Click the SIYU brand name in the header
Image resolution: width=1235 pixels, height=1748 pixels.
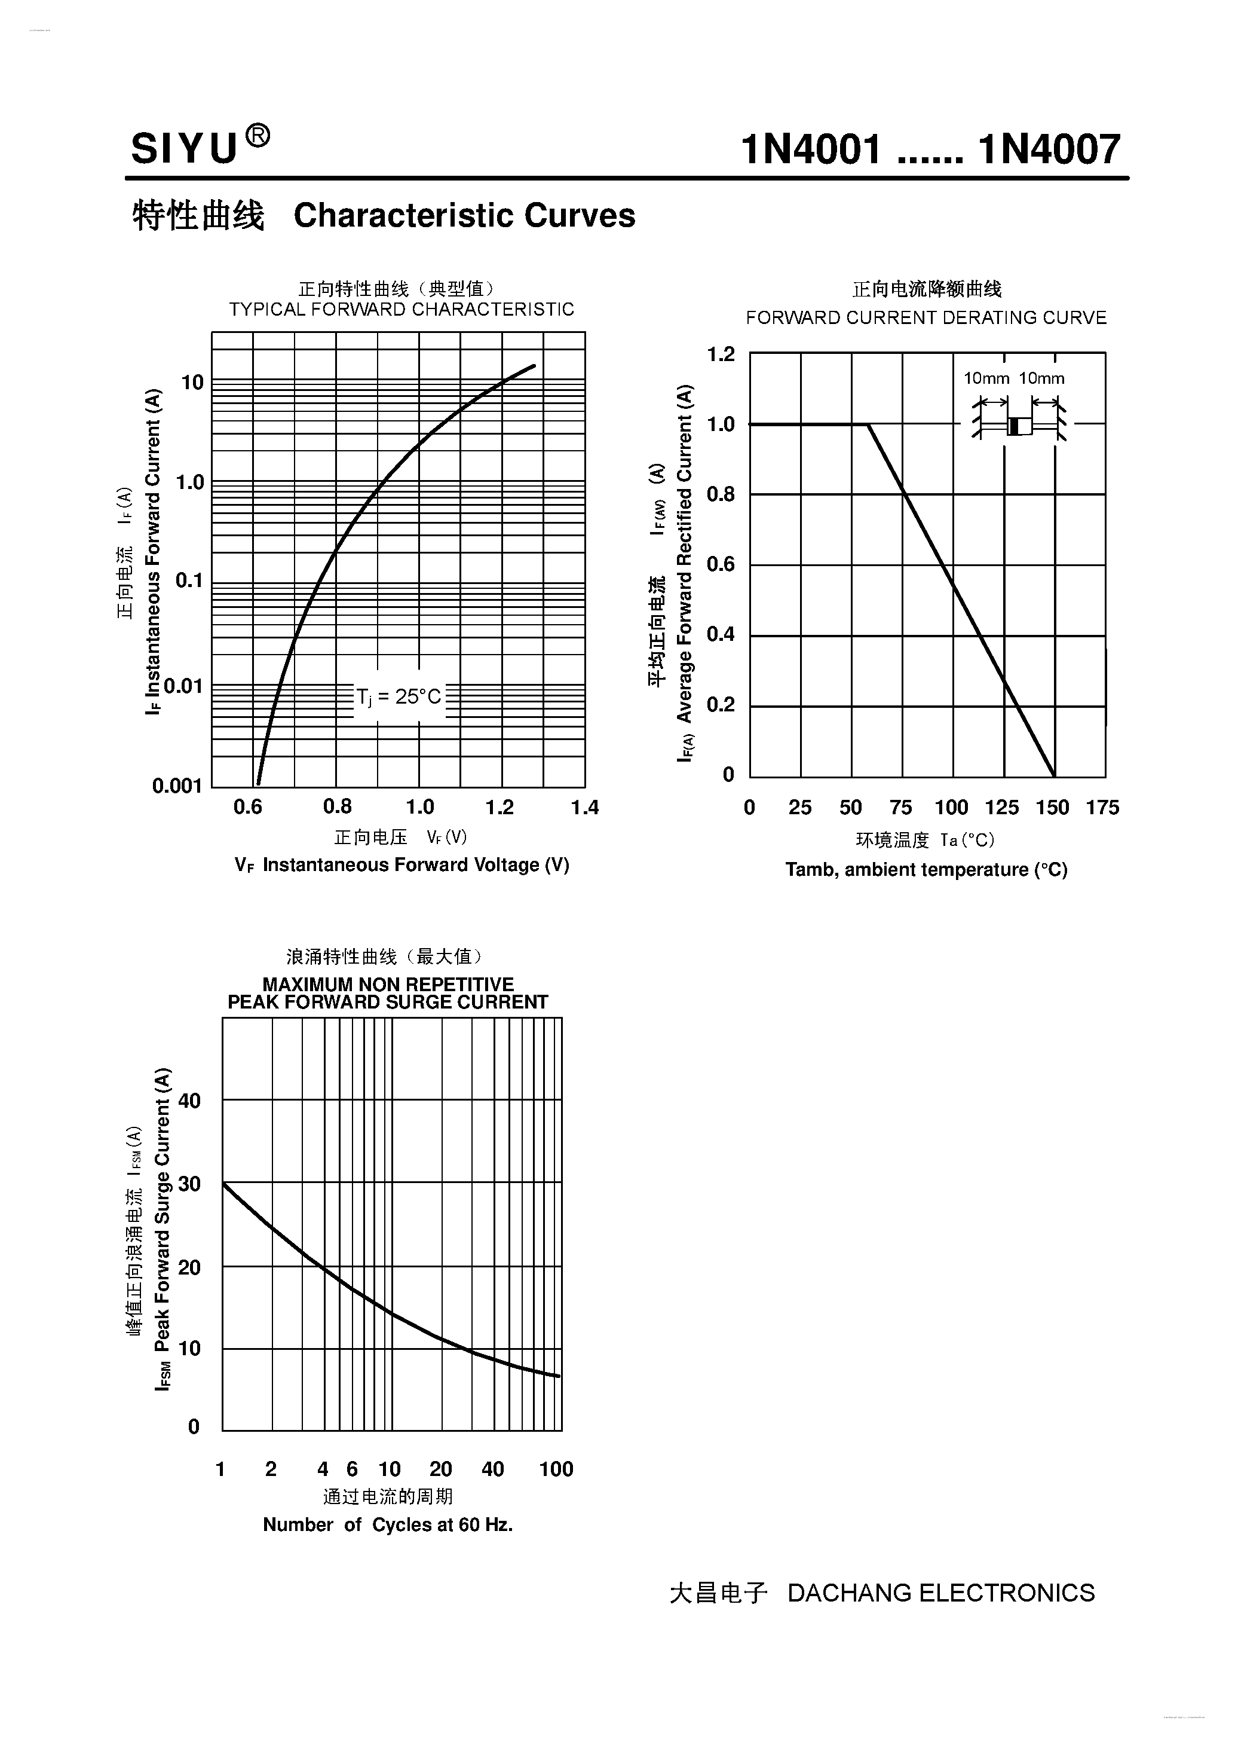pyautogui.click(x=184, y=148)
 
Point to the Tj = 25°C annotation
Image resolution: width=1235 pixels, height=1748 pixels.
pyautogui.click(x=399, y=696)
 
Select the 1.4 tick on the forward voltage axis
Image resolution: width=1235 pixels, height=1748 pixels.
pyautogui.click(x=584, y=807)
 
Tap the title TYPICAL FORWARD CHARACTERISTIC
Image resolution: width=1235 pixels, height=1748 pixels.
pyautogui.click(x=401, y=309)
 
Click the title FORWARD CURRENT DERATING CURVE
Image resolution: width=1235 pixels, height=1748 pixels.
pyautogui.click(x=926, y=317)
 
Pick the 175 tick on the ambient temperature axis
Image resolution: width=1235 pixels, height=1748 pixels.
pyautogui.click(x=1102, y=808)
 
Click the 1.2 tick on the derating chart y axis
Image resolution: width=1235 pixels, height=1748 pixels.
pyautogui.click(x=721, y=355)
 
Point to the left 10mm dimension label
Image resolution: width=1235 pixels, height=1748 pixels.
pyautogui.click(x=986, y=378)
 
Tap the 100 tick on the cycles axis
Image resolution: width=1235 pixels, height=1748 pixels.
pyautogui.click(x=556, y=1469)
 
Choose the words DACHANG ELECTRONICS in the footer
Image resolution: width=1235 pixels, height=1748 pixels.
pyautogui.click(x=940, y=1593)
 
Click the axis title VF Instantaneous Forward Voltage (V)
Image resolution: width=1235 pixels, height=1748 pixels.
pyautogui.click(x=402, y=865)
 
